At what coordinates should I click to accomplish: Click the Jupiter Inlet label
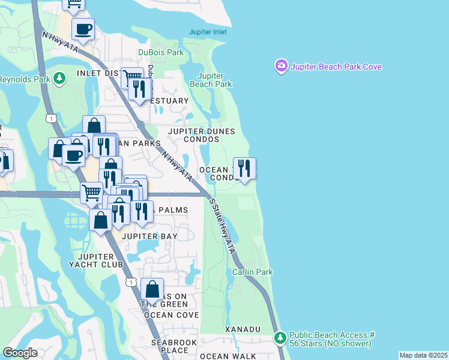click(x=208, y=32)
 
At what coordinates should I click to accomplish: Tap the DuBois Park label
click(x=161, y=53)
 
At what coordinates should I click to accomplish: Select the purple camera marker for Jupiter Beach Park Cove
click(x=281, y=66)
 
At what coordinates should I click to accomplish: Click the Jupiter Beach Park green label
click(x=211, y=80)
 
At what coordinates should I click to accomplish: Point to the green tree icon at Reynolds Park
click(x=59, y=79)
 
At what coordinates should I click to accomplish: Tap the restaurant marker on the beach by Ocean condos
click(x=244, y=167)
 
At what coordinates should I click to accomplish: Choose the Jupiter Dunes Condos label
click(x=201, y=136)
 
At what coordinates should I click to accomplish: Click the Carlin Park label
click(x=253, y=272)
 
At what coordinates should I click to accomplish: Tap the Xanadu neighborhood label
click(x=243, y=329)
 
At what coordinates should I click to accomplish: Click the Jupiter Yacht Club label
click(x=96, y=259)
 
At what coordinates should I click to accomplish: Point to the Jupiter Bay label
click(x=149, y=236)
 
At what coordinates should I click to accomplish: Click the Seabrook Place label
click(x=170, y=346)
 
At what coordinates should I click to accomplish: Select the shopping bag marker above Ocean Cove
click(x=153, y=289)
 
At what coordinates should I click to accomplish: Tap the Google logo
click(x=20, y=353)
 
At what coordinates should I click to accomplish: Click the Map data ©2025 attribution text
click(x=423, y=355)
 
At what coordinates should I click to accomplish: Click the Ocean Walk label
click(x=223, y=356)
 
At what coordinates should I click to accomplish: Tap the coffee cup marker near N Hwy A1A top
click(x=83, y=28)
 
